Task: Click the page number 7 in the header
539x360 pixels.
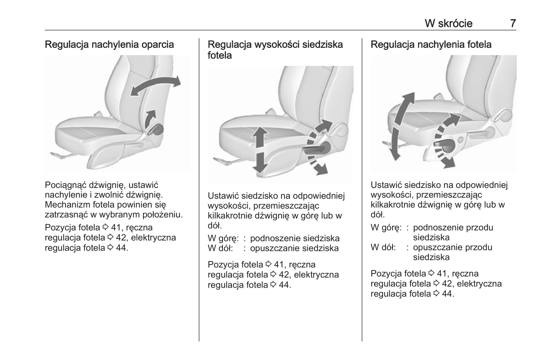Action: coord(513,23)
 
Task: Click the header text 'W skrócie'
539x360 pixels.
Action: coord(448,23)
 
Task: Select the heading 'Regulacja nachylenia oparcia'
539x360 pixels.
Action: coord(109,45)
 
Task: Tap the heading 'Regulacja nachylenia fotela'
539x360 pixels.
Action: coord(431,45)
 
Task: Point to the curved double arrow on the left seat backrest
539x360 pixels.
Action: coord(155,86)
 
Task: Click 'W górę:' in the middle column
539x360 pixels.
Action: coord(223,239)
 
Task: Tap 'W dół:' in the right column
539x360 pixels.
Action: coord(383,248)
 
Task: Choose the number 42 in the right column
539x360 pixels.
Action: coord(447,284)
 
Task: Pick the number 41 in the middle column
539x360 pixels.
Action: coord(279,265)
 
